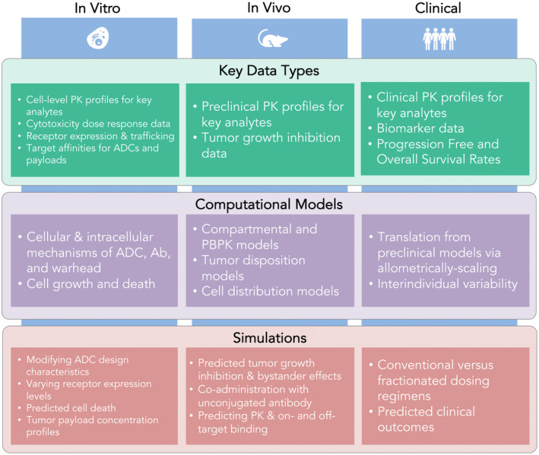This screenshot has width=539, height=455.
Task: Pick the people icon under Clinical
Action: click(442, 38)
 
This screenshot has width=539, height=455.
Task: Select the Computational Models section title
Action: click(269, 204)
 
